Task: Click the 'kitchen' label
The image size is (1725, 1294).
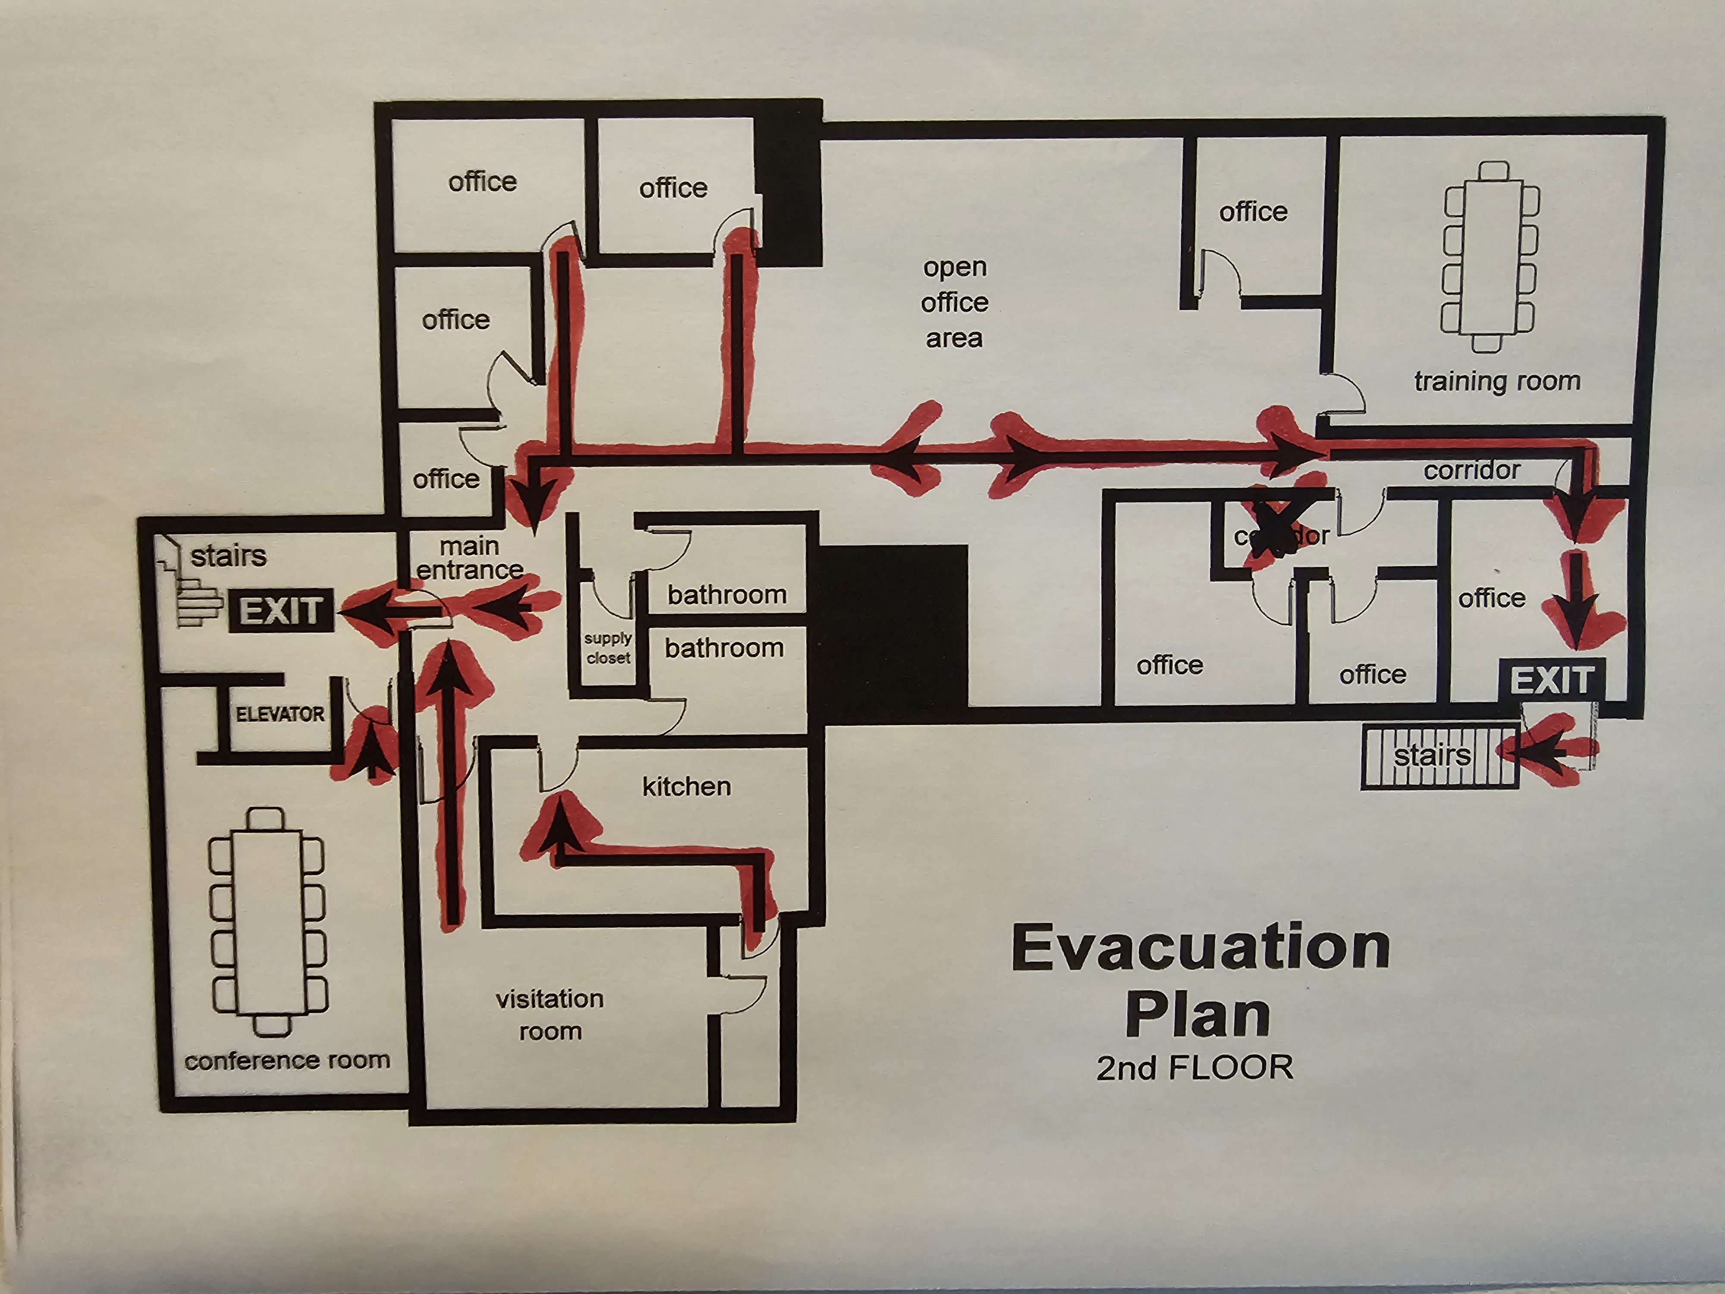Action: tap(686, 786)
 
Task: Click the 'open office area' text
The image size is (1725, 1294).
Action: tap(954, 303)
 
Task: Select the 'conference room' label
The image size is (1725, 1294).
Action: tap(287, 1061)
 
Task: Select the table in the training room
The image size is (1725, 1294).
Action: tap(1490, 258)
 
